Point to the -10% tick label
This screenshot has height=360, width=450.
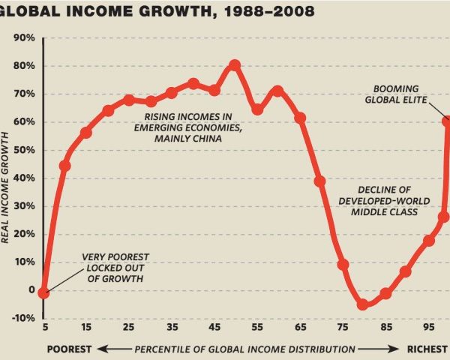23,318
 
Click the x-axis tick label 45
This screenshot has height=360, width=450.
214,328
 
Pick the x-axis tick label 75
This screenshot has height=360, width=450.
343,328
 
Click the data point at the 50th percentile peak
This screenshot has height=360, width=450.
235,65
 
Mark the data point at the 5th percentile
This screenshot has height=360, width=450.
43,292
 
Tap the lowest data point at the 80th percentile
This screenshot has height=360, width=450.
364,304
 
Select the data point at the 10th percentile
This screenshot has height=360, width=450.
64,165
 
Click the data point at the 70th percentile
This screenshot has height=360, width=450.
320,181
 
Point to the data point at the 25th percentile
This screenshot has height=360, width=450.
129,100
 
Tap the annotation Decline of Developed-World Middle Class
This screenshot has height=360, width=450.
388,199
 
